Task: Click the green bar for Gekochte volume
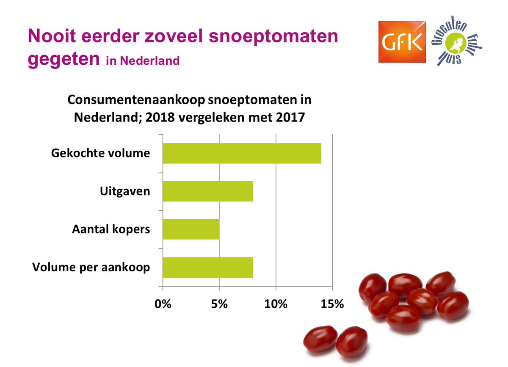[242, 153]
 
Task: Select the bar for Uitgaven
[208, 191]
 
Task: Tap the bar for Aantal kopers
[191, 229]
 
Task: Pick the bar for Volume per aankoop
[208, 267]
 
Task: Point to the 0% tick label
[163, 304]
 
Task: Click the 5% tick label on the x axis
[219, 304]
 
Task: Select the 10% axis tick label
[276, 304]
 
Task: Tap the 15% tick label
[332, 304]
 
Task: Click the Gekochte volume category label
[100, 153]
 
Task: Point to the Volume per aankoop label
[91, 268]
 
